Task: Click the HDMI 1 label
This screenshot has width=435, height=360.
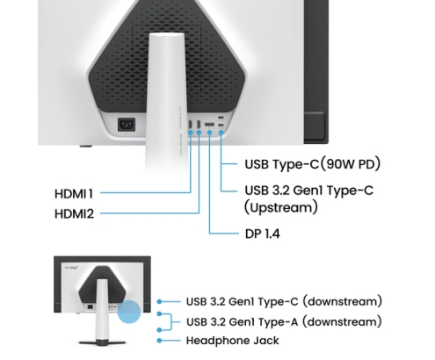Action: [x=74, y=194]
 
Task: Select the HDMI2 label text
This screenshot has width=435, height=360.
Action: [x=74, y=214]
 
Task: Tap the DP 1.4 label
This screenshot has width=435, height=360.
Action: [x=263, y=234]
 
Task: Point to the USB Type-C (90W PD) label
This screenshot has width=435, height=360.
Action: [x=313, y=164]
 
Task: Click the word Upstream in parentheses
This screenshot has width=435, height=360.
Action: [x=281, y=207]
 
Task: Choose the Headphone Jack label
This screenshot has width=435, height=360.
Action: [x=233, y=341]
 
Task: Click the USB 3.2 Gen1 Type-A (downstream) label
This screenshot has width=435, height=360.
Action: [x=284, y=322]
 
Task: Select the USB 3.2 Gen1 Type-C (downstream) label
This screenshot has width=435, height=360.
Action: [x=284, y=301]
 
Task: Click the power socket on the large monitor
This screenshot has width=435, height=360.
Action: [x=127, y=125]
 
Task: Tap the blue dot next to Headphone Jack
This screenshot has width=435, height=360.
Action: [x=159, y=341]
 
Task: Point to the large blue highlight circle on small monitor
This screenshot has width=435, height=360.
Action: [x=129, y=312]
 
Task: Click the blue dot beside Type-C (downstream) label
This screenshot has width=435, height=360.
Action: [x=159, y=301]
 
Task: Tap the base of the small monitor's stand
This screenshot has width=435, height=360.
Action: [x=102, y=342]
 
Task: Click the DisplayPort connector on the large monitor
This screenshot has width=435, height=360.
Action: [x=209, y=125]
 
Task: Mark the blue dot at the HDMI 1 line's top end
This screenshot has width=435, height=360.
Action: [x=191, y=133]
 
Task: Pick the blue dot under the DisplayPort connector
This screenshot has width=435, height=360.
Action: [x=209, y=133]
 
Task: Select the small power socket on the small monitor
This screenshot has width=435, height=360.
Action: [x=91, y=307]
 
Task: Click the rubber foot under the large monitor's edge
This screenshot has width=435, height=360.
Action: [x=85, y=146]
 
